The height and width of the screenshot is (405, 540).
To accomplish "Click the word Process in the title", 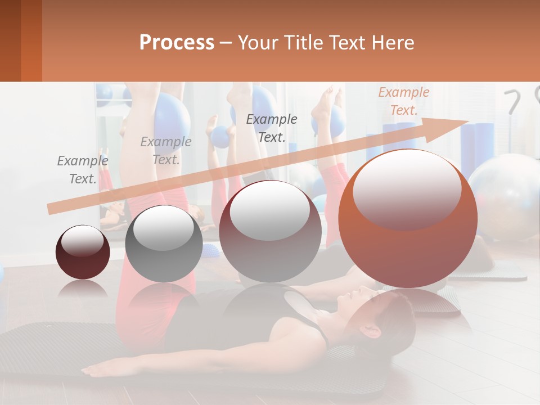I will [x=177, y=43].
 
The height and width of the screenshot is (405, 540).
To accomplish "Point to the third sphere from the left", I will [x=270, y=231].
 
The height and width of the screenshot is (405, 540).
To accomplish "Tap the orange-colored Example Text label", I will [x=404, y=101].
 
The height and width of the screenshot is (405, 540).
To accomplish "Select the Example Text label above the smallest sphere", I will [x=83, y=170].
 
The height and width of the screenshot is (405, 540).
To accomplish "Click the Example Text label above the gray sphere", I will [x=166, y=151].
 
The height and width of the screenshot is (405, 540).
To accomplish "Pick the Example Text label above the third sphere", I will [x=272, y=128].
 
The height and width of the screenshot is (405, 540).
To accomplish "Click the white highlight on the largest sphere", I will [x=407, y=188].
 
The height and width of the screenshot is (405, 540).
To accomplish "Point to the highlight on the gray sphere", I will [x=163, y=228].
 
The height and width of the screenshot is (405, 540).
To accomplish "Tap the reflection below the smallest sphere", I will [x=83, y=290].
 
